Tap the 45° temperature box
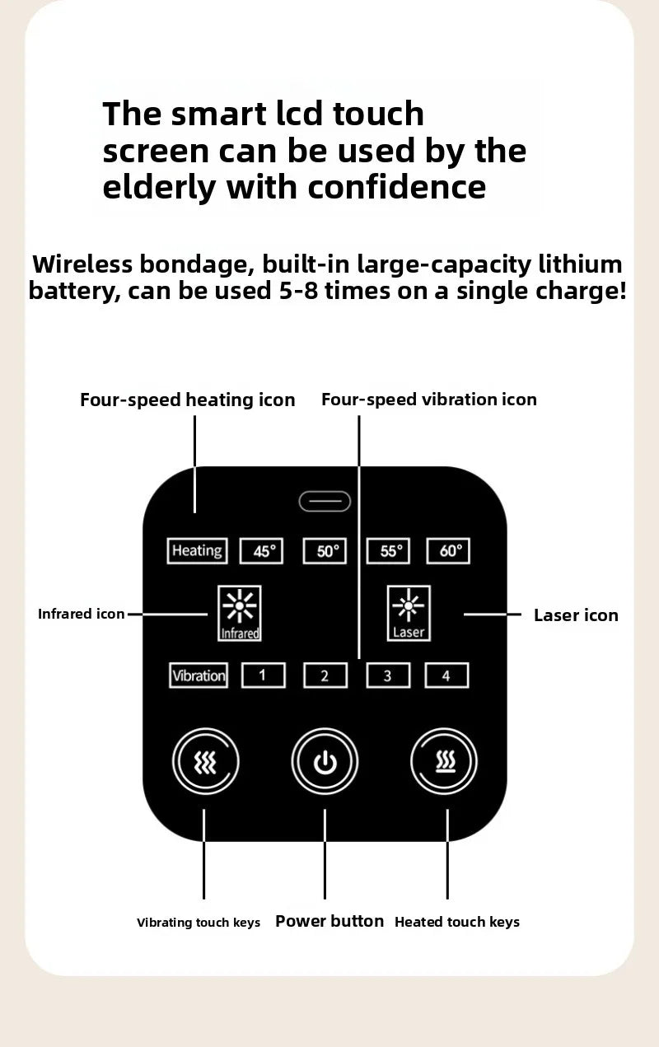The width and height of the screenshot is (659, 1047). (x=261, y=550)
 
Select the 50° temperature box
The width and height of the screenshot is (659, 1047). (x=325, y=550)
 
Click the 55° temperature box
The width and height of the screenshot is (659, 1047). (x=388, y=550)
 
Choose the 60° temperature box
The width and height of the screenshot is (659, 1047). (x=448, y=550)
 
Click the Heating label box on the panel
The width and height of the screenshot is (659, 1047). (x=197, y=550)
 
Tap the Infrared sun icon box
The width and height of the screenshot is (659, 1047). (x=239, y=613)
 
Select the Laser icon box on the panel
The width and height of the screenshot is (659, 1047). (x=409, y=613)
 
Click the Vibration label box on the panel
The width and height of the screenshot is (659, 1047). (x=199, y=675)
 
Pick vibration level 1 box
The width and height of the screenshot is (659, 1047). (x=263, y=675)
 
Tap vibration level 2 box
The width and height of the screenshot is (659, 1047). (x=325, y=675)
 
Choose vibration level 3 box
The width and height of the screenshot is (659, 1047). (x=388, y=675)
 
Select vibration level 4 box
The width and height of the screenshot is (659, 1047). (x=446, y=675)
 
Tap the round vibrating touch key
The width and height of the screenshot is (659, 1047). (x=206, y=761)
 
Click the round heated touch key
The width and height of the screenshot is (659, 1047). (x=444, y=761)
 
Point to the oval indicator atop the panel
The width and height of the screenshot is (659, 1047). (x=325, y=502)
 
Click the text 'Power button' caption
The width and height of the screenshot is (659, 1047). (x=329, y=921)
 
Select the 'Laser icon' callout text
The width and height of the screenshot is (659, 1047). (x=576, y=615)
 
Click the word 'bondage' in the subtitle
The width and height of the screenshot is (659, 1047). (x=197, y=264)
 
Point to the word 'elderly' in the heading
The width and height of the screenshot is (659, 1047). (x=159, y=187)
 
